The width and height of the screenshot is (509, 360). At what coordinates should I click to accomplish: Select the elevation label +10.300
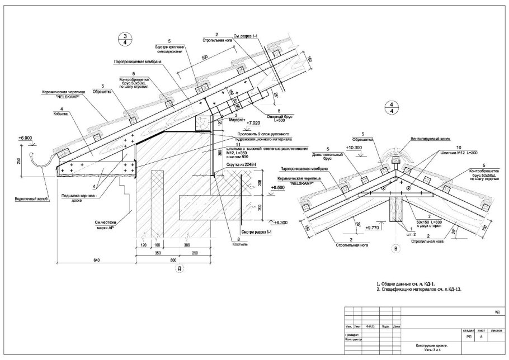coord(355,148)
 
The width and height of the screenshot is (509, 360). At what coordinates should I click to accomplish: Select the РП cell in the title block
coord(468,337)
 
